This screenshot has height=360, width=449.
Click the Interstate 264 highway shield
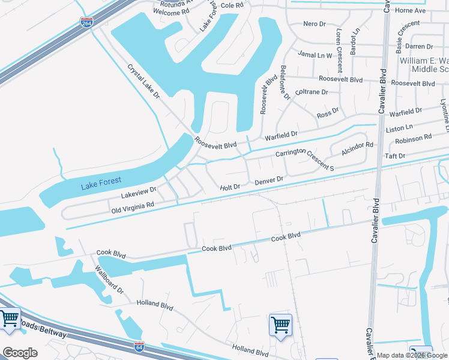pos(86,23)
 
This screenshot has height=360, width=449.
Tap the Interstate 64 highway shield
pos(139,345)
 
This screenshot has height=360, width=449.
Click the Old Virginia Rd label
pos(133,208)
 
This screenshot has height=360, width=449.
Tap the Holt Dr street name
pos(230,187)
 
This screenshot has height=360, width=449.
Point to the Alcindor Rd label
pos(357,149)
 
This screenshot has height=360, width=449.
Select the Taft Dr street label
pos(396,156)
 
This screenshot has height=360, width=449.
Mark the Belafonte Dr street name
pos(285,82)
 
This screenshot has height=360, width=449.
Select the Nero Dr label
pos(314,24)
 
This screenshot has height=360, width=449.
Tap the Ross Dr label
pos(328,112)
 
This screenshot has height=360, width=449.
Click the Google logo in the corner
pos(20,353)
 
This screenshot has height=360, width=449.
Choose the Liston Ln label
pos(399,128)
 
